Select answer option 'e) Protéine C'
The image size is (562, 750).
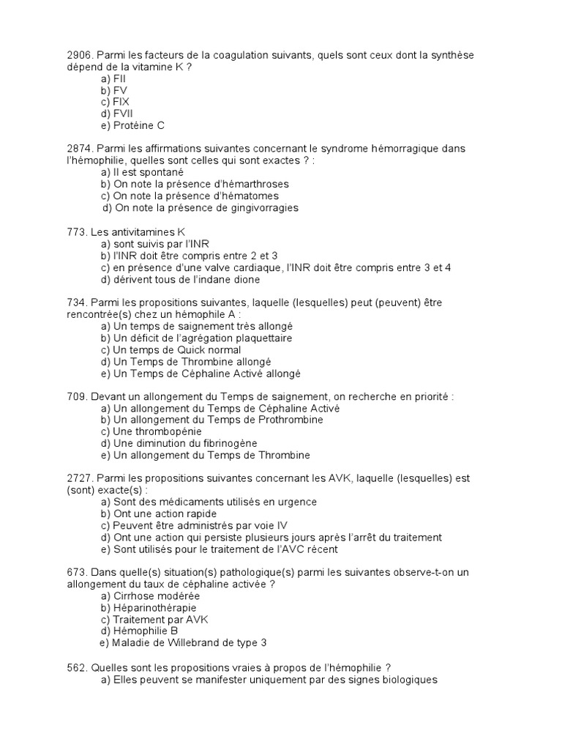[133, 125]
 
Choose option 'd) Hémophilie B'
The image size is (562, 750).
[140, 631]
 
